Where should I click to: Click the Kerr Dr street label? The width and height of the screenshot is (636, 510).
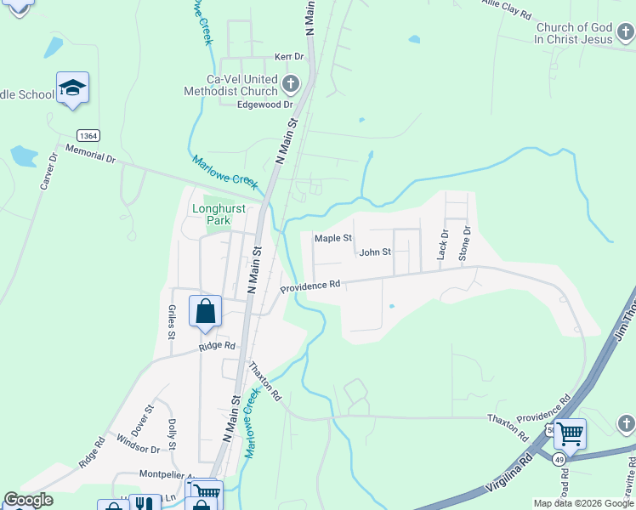point(289,57)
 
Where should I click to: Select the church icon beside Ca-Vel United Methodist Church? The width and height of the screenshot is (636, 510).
point(291,84)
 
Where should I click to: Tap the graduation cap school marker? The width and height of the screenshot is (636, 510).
point(73,88)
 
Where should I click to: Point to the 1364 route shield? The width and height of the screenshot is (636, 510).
point(87,136)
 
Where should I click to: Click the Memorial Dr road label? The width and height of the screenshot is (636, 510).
point(89,157)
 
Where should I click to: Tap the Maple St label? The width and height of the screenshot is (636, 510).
point(333,239)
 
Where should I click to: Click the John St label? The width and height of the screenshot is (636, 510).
point(374,252)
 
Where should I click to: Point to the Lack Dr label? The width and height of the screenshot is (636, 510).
point(442,243)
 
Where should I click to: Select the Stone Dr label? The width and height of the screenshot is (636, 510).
point(465,242)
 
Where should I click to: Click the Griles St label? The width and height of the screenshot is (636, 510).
point(172,322)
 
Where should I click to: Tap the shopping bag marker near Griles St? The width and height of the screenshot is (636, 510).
point(205,311)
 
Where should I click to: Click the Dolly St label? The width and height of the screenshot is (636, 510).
point(172,433)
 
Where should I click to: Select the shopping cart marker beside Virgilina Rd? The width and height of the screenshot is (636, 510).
point(570,434)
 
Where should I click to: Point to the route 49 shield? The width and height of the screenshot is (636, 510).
point(559,459)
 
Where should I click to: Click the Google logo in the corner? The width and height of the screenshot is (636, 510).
point(28,501)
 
